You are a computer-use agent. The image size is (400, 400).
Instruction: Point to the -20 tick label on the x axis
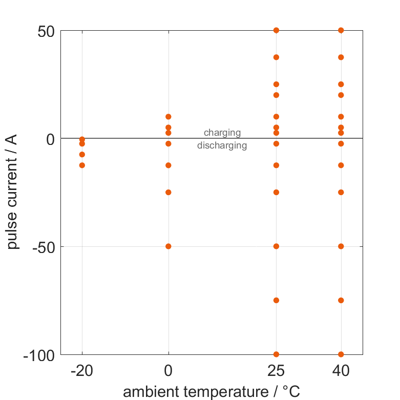tap(82, 370)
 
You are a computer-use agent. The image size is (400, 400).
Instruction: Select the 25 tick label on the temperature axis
tap(276, 370)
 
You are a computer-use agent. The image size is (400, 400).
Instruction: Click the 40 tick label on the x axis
tap(341, 370)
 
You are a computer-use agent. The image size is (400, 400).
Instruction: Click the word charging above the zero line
tap(222, 133)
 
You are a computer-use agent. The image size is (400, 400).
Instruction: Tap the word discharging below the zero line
tap(222, 145)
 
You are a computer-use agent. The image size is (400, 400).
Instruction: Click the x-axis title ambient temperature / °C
tap(212, 392)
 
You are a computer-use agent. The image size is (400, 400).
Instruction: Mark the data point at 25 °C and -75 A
tap(276, 300)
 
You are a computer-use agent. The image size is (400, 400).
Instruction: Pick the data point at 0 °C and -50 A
tap(169, 246)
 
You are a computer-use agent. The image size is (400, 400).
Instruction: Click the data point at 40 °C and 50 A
tap(341, 30)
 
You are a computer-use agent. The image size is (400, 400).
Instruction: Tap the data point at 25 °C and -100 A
tap(276, 354)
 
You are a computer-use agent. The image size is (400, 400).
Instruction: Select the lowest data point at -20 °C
tap(82, 165)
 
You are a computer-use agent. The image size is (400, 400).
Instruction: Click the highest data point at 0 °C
tap(169, 117)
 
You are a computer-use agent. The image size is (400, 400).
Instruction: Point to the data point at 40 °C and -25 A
tap(341, 193)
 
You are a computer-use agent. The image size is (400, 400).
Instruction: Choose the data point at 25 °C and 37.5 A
tap(276, 57)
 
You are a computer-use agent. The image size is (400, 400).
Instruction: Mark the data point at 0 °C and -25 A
tap(169, 193)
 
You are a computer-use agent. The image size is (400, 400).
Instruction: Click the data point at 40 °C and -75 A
tap(341, 300)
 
